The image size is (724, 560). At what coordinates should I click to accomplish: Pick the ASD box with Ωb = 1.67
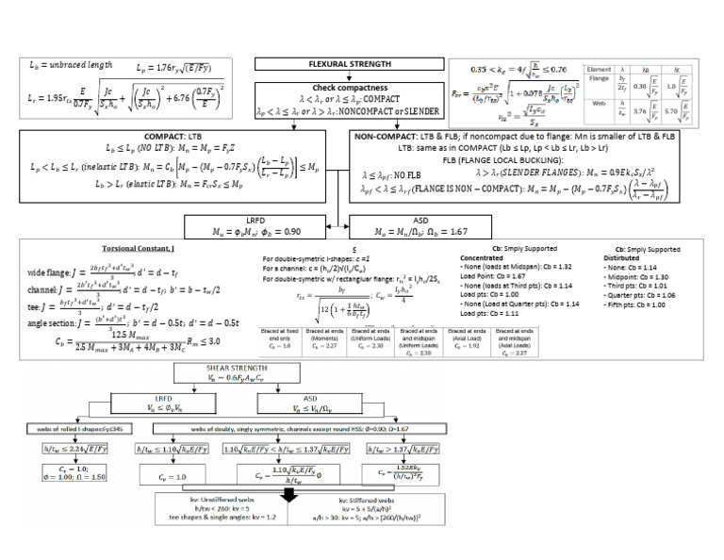[x=408, y=226]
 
